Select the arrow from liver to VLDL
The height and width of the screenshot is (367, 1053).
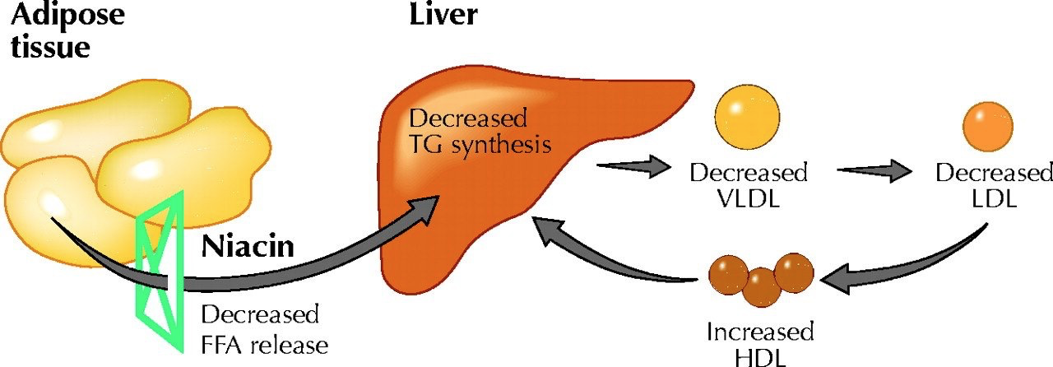point(629,168)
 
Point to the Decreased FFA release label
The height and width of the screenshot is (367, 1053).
point(263,329)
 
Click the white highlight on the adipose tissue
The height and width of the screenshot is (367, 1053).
point(51,202)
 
